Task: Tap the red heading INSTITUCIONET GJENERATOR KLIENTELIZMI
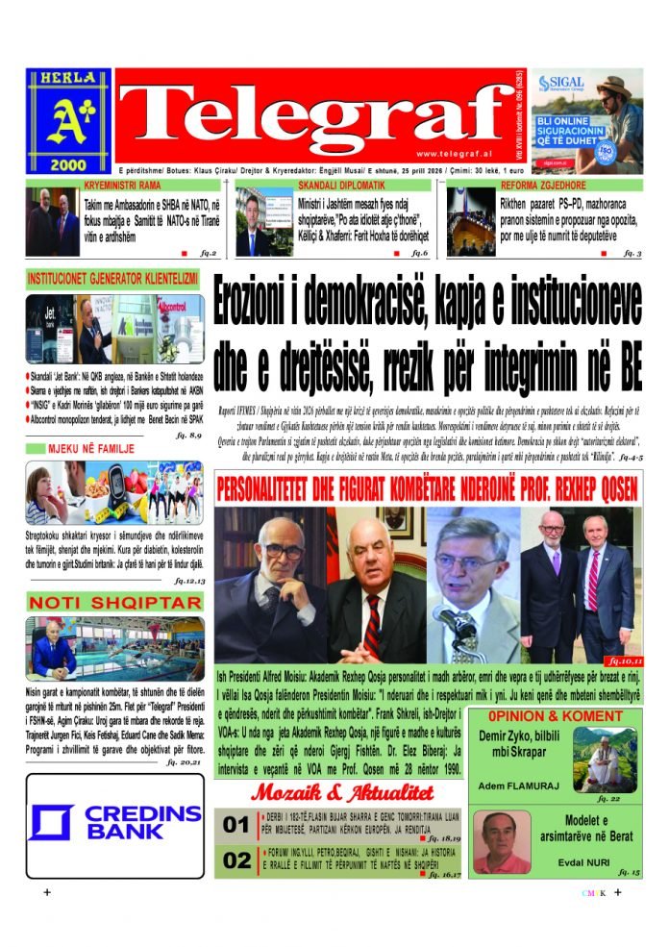tap(113, 279)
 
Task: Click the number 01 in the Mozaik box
tap(235, 826)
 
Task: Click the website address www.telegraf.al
tap(455, 153)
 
